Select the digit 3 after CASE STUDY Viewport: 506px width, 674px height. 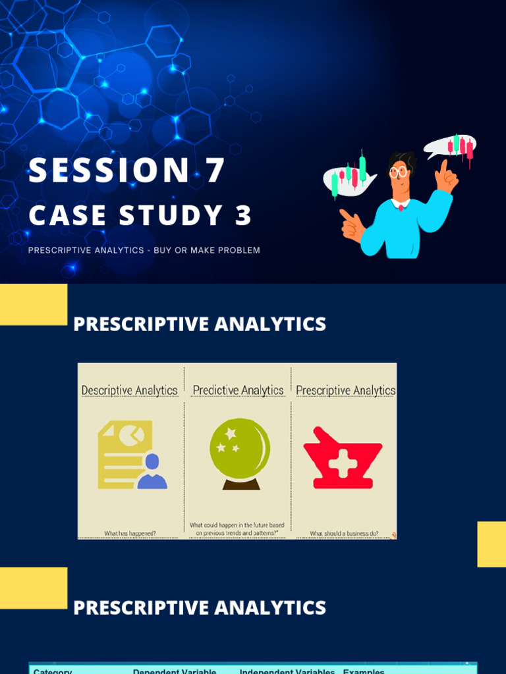(x=243, y=216)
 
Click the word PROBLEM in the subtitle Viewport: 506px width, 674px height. (x=240, y=250)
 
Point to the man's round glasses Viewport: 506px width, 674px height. (x=398, y=172)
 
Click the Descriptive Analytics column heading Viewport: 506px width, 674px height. (x=129, y=390)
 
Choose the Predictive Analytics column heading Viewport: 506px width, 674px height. (x=238, y=390)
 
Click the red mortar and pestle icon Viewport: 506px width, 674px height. (x=343, y=459)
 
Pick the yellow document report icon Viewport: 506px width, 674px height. (x=125, y=454)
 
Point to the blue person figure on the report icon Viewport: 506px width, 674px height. (x=152, y=472)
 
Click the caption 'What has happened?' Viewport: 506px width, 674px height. (x=130, y=533)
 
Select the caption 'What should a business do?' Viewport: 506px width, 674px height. (x=344, y=533)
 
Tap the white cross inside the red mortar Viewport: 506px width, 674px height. (x=343, y=463)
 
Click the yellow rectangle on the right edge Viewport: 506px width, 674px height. (x=492, y=544)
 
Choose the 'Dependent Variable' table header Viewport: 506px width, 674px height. (x=175, y=671)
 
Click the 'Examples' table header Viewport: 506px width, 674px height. (x=364, y=671)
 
